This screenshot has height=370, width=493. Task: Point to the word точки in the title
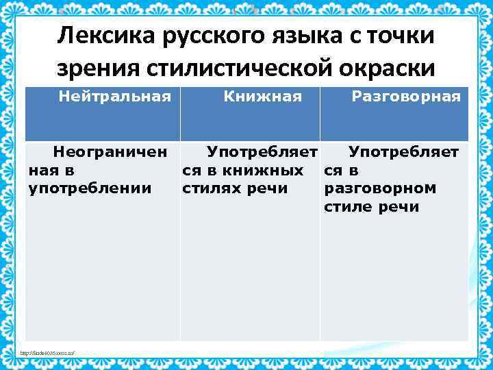pyautogui.click(x=401, y=36)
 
